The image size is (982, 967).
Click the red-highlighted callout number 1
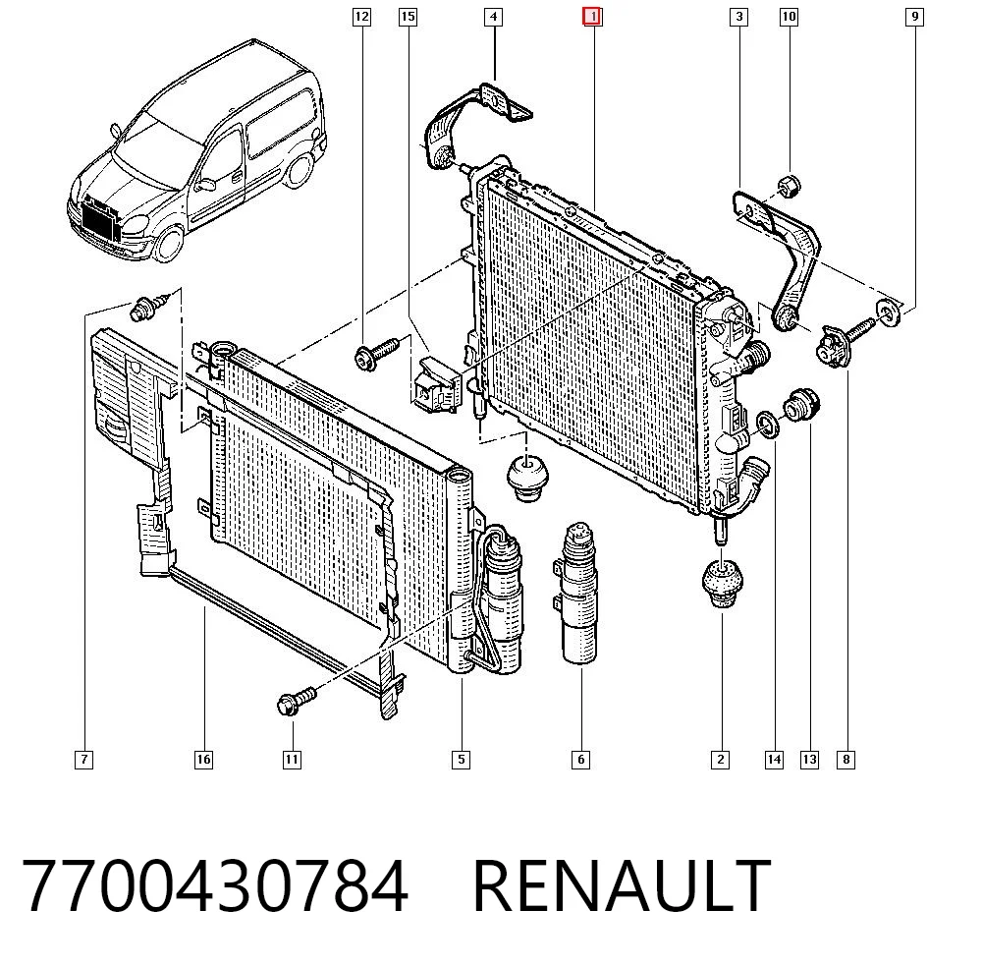click(x=592, y=17)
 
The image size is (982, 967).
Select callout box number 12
click(x=361, y=17)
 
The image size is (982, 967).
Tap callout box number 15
click(x=408, y=17)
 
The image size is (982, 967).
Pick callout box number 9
click(x=914, y=17)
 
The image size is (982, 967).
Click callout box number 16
click(x=203, y=760)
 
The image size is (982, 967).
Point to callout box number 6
click(x=580, y=760)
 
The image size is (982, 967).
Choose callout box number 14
click(x=774, y=760)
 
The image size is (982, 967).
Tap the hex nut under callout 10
click(x=789, y=186)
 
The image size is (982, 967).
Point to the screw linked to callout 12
click(x=375, y=354)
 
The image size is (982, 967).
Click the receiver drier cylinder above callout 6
click(x=580, y=593)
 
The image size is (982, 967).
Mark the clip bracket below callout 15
click(x=437, y=385)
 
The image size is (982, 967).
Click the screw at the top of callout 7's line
click(x=149, y=307)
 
